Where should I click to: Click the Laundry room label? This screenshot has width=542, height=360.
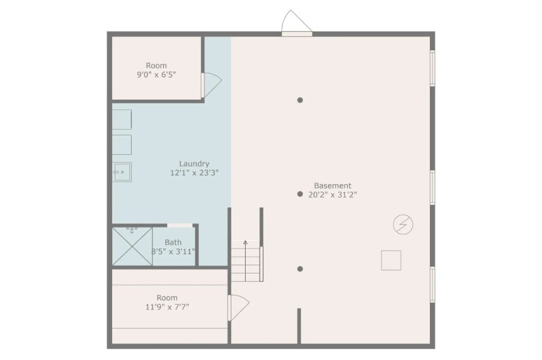pyautogui.click(x=194, y=164)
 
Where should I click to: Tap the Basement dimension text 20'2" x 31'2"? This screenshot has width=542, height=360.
pyautogui.click(x=332, y=195)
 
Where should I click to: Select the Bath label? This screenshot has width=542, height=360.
pyautogui.click(x=173, y=242)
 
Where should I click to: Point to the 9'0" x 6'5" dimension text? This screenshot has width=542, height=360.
pyautogui.click(x=156, y=74)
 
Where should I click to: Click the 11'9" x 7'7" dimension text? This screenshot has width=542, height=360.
pyautogui.click(x=167, y=307)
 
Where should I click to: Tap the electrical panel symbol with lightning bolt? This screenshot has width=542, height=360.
pyautogui.click(x=403, y=224)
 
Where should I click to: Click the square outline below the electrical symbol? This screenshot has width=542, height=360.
pyautogui.click(x=391, y=260)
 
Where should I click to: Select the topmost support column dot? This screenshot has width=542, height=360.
pyautogui.click(x=300, y=100)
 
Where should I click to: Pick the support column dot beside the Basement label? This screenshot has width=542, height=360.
pyautogui.click(x=300, y=194)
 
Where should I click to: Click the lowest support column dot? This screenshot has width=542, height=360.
pyautogui.click(x=300, y=269)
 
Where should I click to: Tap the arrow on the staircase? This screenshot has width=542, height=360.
pyautogui.click(x=246, y=261)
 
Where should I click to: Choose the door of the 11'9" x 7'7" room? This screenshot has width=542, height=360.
pyautogui.click(x=239, y=308)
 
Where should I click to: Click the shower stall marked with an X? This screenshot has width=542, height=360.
pyautogui.click(x=132, y=246)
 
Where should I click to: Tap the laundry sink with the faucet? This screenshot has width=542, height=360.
pyautogui.click(x=122, y=172)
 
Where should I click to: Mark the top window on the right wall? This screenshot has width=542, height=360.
pyautogui.click(x=432, y=68)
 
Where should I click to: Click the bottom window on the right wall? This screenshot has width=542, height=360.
pyautogui.click(x=432, y=284)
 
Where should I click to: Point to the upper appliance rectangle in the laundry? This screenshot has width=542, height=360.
pyautogui.click(x=122, y=120)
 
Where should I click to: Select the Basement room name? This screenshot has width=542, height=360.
pyautogui.click(x=332, y=186)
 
